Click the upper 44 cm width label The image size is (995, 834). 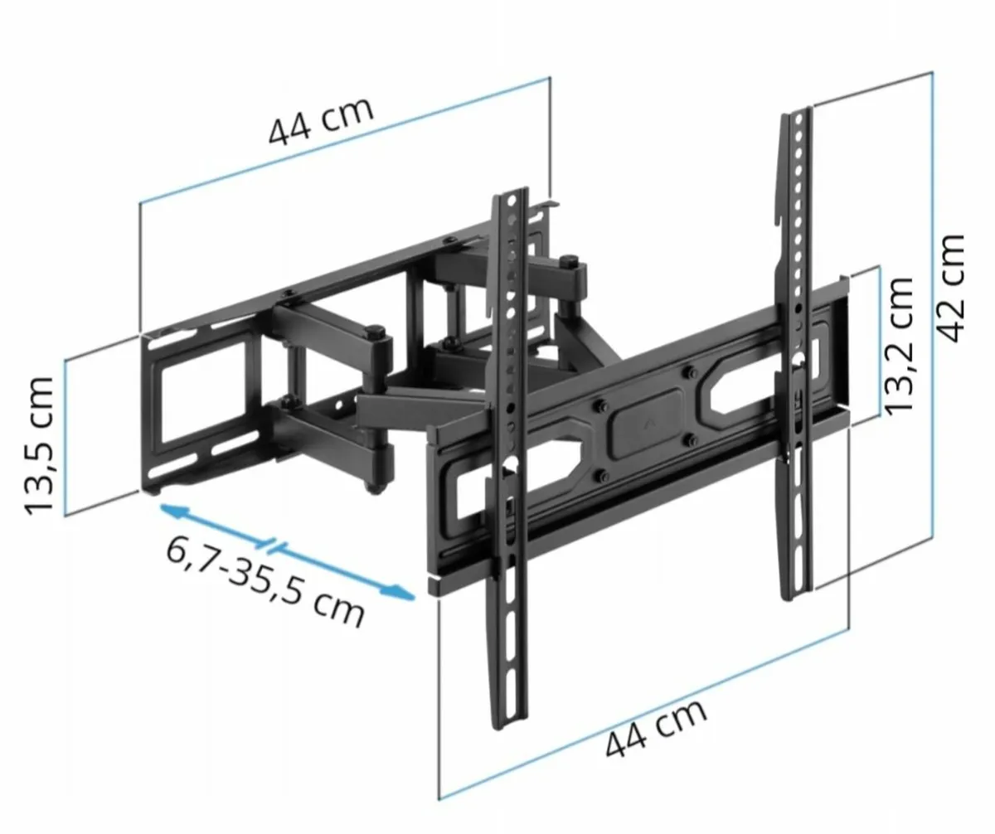[x=320, y=121]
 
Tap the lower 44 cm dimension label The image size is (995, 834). [x=655, y=729]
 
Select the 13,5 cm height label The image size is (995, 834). [x=39, y=444]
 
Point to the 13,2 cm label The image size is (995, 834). [x=899, y=343]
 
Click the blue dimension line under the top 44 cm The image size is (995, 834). [x=344, y=141]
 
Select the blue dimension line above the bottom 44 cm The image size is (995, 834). [x=643, y=713]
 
